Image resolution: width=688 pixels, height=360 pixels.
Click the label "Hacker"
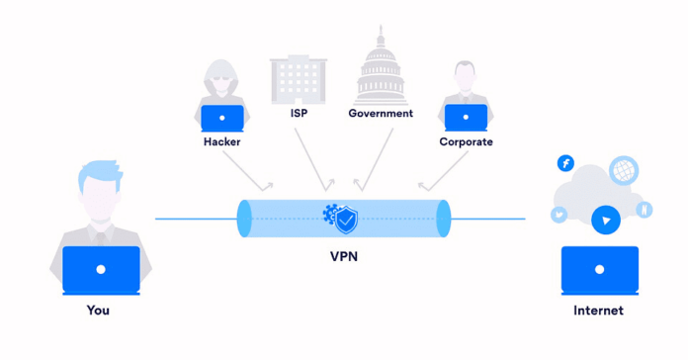pos(222,141)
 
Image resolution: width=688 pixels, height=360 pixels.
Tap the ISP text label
pos(299,113)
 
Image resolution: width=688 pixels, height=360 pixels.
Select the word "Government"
pos(381,113)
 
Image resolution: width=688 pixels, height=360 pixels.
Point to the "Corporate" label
pos(466,141)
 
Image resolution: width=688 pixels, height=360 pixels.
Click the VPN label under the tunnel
pos(344,256)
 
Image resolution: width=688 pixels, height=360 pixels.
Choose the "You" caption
pos(98,310)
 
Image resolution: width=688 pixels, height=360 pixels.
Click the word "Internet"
pos(598,310)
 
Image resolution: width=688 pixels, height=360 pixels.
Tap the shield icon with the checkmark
pos(346,220)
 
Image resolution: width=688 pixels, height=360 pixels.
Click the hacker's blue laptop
pos(222,118)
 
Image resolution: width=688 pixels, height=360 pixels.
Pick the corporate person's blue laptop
pos(466,118)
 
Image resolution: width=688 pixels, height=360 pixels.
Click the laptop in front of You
pos(100,269)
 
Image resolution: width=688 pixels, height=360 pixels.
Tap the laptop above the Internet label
pos(599,269)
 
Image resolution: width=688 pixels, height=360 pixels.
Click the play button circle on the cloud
pos(605,220)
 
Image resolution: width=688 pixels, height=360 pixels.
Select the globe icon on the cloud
pos(624,170)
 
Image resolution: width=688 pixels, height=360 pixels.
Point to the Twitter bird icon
pos(559,214)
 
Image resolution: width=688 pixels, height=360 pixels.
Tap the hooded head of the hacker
pos(221,80)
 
